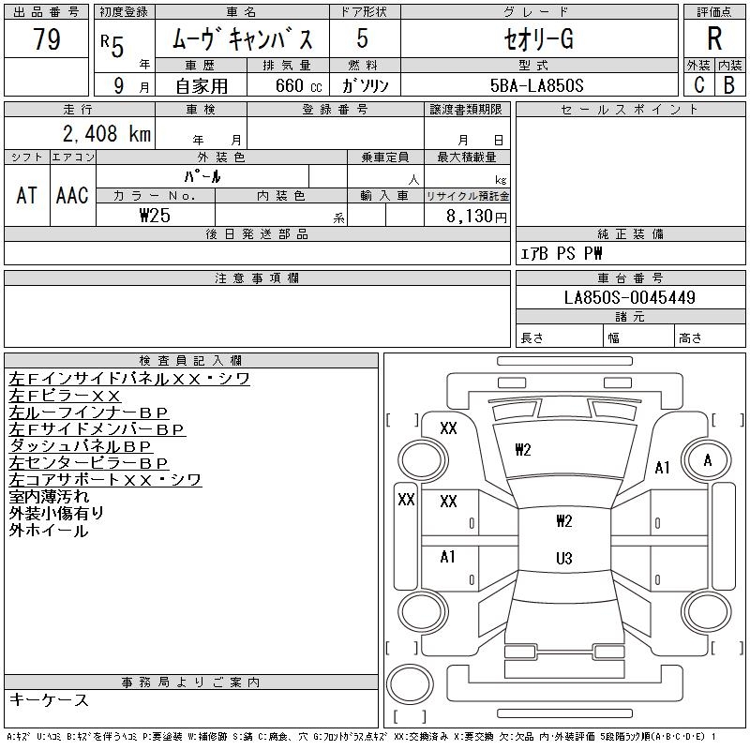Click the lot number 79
tap(46, 39)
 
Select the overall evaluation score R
tap(714, 38)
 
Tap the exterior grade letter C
tap(699, 84)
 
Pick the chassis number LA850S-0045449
tap(630, 298)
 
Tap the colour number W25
tap(155, 215)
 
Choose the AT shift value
tap(26, 195)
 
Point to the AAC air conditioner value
tap(71, 195)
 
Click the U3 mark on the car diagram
tap(563, 559)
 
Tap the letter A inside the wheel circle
tap(708, 460)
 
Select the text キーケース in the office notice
tap(49, 700)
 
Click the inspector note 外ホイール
tap(49, 531)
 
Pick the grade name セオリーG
tap(536, 39)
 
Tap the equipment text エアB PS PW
tap(562, 253)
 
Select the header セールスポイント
tap(629, 110)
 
